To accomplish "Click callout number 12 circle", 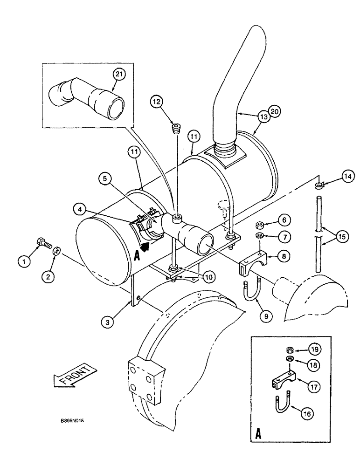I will [157, 102].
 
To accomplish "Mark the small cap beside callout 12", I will [176, 128].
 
